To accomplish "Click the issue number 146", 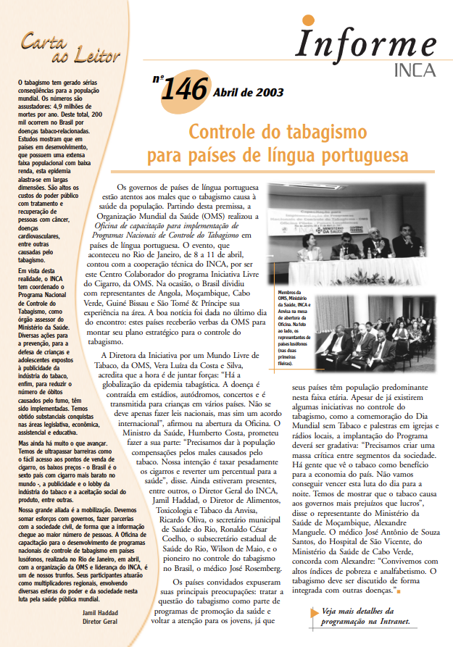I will point(185,91).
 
